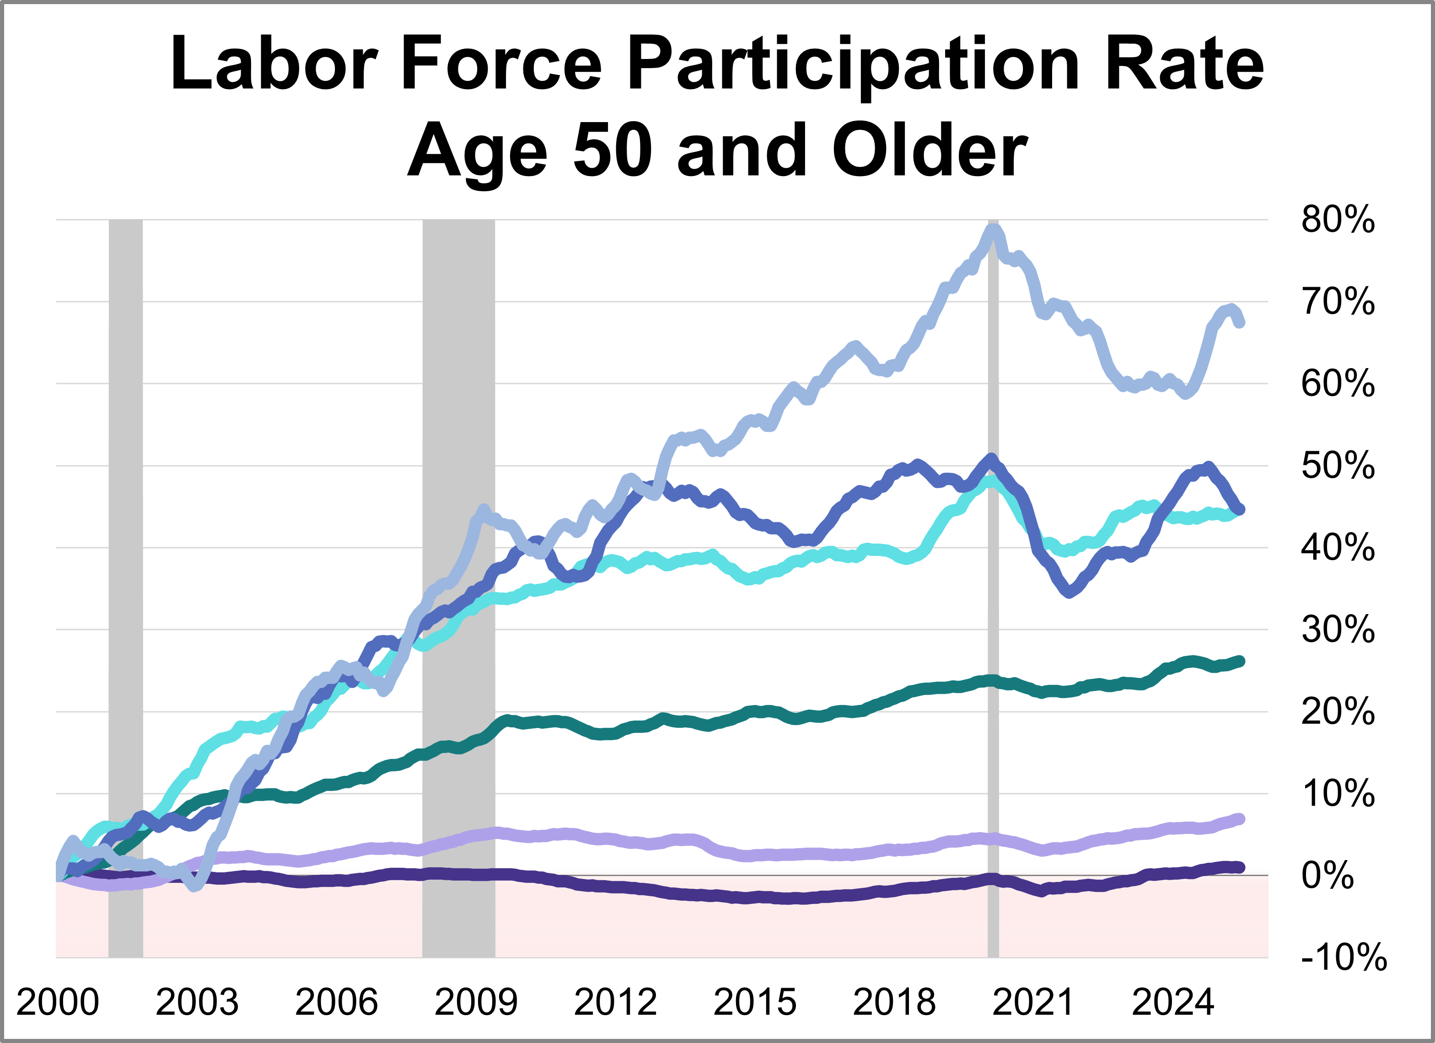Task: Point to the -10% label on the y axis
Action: point(1343,957)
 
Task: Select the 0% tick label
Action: point(1328,876)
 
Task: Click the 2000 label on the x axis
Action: point(58,1002)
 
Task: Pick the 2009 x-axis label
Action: point(476,1002)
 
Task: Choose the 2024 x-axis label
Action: point(1172,1002)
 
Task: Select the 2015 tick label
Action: point(755,1002)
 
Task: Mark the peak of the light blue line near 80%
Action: point(994,229)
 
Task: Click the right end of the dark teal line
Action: point(1240,661)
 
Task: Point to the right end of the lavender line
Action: point(1240,819)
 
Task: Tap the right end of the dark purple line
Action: point(1240,867)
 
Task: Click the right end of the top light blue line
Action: point(1240,322)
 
